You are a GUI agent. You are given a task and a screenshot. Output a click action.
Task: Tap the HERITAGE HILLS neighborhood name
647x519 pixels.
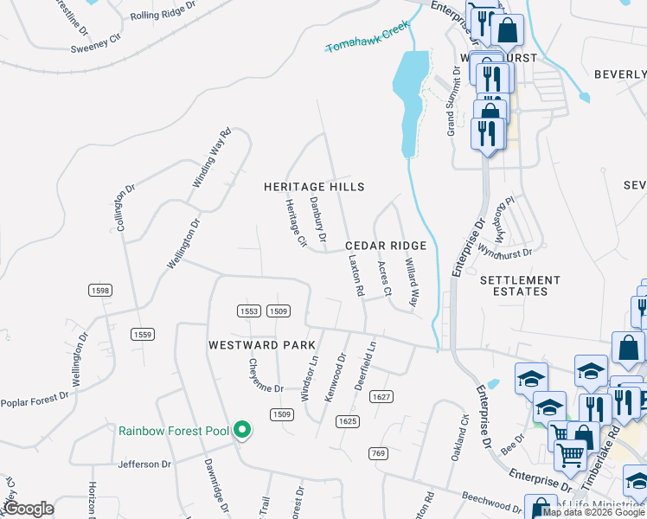[314, 187]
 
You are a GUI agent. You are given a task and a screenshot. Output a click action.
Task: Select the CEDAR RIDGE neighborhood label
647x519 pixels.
[387, 246]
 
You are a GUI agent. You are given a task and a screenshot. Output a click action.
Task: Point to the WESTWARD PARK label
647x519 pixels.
[262, 344]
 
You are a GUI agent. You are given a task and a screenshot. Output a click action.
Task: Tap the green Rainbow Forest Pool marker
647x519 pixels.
[243, 430]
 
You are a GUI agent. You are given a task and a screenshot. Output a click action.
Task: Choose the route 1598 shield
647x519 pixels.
[99, 291]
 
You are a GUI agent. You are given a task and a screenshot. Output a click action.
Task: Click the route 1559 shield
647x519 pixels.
[143, 334]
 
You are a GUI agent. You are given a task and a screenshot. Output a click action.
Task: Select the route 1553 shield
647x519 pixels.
[249, 311]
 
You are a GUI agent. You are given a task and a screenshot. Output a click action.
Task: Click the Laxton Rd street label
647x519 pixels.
[354, 275]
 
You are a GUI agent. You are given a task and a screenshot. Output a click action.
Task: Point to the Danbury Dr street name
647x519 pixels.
[317, 219]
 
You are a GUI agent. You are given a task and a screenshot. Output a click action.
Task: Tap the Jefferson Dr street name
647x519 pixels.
[144, 465]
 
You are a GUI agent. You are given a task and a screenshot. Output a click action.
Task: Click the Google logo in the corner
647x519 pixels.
[29, 509]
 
